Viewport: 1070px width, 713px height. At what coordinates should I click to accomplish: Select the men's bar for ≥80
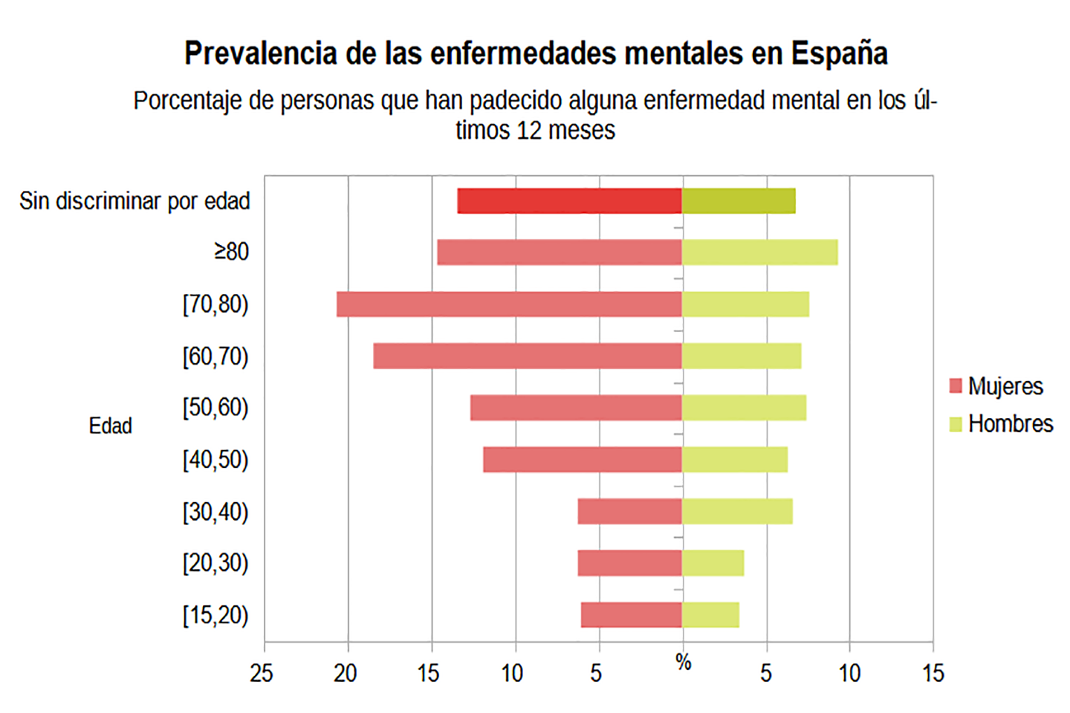759,253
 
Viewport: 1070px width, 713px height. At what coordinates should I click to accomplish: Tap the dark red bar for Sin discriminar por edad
570,201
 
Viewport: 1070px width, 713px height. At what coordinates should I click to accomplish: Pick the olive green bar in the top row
739,201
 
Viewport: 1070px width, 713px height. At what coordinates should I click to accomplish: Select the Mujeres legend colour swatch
956,386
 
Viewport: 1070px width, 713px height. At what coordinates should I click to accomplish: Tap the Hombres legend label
1011,424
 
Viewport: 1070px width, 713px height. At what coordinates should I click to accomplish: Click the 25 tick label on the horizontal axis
262,674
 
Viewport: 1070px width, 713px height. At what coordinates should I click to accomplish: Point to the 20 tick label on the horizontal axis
346,674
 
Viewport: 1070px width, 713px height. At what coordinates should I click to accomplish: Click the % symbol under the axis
684,662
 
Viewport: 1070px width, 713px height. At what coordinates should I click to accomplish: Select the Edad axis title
111,426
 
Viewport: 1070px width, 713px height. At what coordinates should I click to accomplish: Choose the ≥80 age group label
232,252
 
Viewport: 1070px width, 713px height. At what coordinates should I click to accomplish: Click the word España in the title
839,53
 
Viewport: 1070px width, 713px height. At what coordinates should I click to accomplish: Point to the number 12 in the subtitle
528,131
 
